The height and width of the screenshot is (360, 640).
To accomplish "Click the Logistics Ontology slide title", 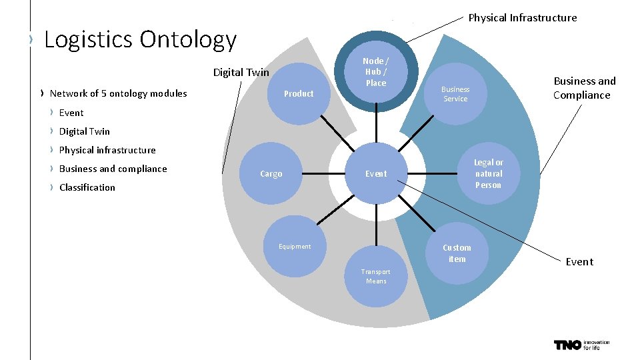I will click(140, 40).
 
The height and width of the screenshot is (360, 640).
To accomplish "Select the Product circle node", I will click(299, 94).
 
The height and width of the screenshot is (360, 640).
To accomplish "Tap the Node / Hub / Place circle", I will click(375, 72).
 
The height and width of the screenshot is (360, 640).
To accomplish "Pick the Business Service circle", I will click(455, 94).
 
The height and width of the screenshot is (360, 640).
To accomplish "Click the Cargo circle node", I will click(271, 174).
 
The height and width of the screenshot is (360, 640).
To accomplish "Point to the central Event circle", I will click(375, 174).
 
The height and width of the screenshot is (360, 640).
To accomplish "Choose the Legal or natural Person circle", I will click(488, 174).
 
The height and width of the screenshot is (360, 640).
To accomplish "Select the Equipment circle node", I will click(295, 247).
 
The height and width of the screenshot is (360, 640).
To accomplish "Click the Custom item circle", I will click(457, 253).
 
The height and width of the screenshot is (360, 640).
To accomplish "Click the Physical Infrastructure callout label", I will click(523, 18).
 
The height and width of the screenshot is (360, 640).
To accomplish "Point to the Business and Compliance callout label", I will click(584, 88).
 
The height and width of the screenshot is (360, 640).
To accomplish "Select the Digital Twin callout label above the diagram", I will click(241, 73).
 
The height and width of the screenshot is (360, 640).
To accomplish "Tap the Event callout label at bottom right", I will click(579, 262).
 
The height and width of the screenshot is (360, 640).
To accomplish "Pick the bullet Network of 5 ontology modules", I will click(118, 93).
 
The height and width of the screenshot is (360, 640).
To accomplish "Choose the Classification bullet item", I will click(87, 187).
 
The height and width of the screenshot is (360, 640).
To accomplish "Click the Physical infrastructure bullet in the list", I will click(107, 150).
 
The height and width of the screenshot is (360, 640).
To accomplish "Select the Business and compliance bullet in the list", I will click(113, 169).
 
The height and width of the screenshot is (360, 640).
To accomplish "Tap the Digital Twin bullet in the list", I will click(85, 131).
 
